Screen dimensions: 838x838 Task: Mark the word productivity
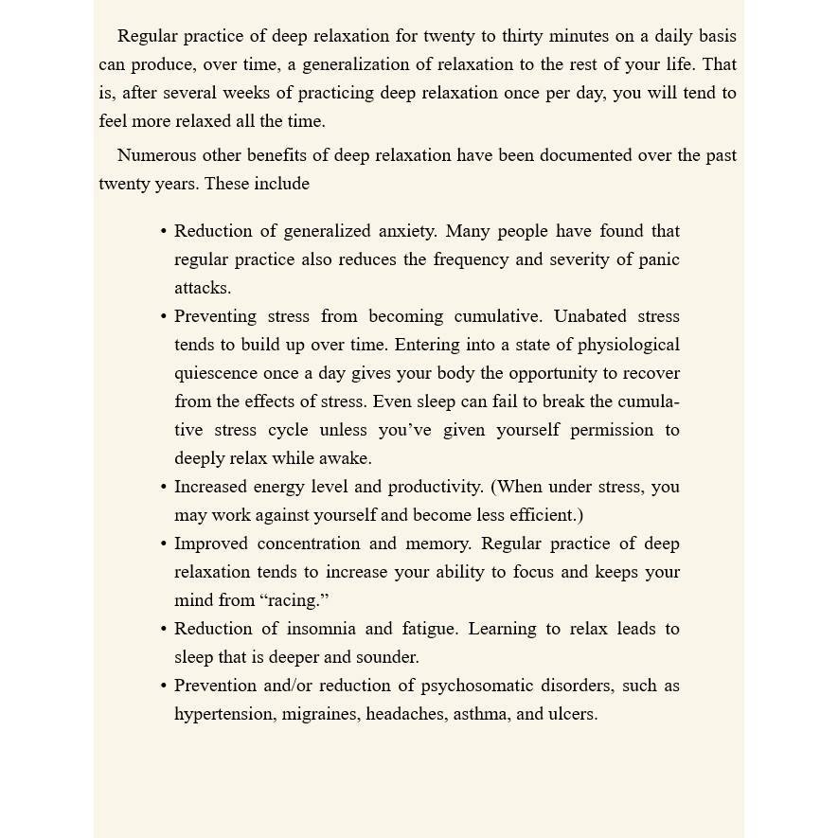pos(437,487)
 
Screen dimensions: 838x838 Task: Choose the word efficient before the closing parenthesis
pos(545,515)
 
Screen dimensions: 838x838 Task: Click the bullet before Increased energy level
pos(164,488)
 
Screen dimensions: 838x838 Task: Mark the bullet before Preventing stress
pos(164,317)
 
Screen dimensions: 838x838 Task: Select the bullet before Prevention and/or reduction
pos(164,686)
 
